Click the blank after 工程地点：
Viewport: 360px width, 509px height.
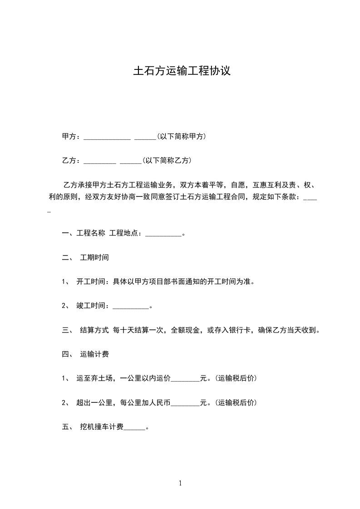(x=163, y=234)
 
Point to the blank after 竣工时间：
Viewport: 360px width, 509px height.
(x=130, y=306)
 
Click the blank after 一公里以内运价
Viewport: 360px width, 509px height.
(x=185, y=379)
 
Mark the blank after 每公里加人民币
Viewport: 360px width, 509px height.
(x=185, y=403)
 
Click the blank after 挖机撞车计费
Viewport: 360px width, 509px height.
(x=134, y=427)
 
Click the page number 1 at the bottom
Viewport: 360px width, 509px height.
(x=180, y=483)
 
